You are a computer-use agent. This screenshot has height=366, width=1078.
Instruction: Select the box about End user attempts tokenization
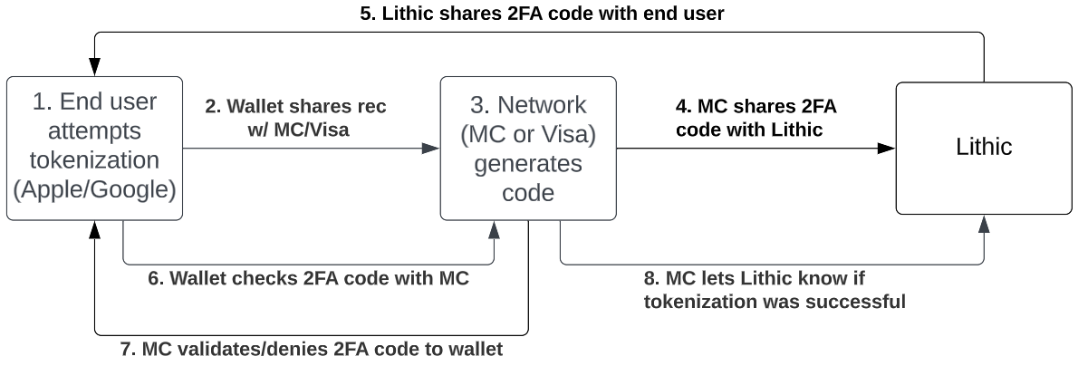(94, 149)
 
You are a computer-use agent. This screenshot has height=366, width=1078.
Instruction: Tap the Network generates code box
(529, 149)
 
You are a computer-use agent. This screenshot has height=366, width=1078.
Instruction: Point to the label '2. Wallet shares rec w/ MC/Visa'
(295, 118)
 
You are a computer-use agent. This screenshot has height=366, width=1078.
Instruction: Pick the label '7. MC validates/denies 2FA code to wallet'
(311, 348)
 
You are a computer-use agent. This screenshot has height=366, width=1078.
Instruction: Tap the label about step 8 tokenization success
(775, 289)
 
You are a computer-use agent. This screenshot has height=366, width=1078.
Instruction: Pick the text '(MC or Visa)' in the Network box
(529, 135)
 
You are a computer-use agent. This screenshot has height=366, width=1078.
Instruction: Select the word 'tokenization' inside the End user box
(94, 160)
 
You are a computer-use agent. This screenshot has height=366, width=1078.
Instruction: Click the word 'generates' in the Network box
(529, 165)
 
